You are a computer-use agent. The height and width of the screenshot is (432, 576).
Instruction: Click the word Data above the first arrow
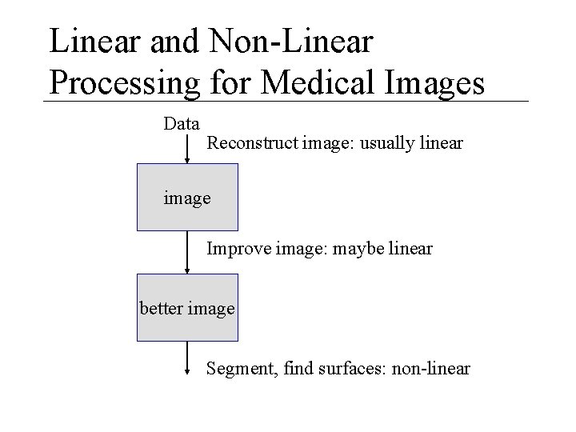click(x=181, y=124)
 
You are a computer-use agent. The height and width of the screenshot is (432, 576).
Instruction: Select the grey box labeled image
click(x=187, y=198)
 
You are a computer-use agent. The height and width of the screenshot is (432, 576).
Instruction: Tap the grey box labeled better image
click(x=187, y=308)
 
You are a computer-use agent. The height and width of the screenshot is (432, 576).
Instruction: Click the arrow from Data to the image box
click(x=186, y=148)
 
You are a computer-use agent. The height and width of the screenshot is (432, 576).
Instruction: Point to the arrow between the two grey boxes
click(x=186, y=252)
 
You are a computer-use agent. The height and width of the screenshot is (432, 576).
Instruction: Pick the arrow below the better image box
click(x=186, y=358)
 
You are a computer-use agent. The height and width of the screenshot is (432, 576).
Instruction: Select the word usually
click(x=386, y=145)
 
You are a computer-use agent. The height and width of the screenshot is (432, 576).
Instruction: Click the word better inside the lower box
click(x=161, y=308)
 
